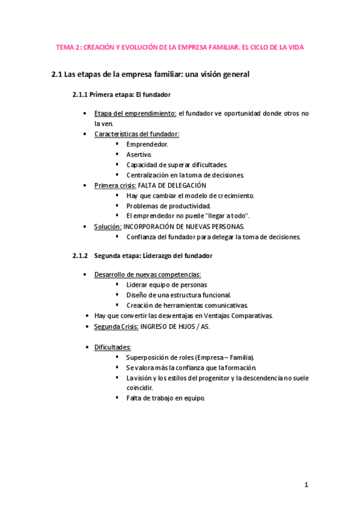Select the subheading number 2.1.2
coord(81,256)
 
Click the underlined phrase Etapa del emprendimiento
coord(135,114)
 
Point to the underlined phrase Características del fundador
coord(137,134)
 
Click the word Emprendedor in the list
coord(147,144)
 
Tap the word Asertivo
coord(139,155)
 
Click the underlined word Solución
coord(108,226)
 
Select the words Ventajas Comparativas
coord(240,315)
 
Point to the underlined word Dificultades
coord(113,347)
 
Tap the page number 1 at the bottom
coord(306,485)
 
